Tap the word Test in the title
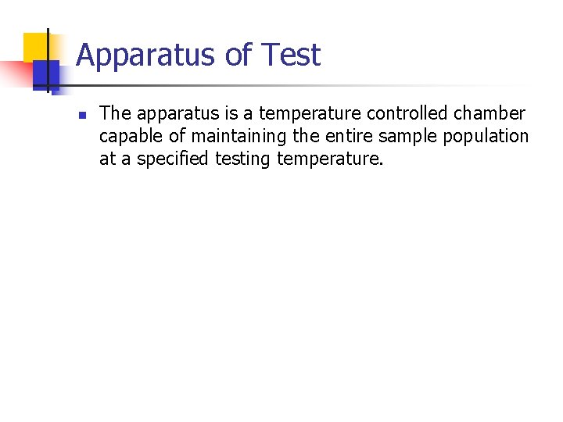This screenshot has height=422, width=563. pos(291,55)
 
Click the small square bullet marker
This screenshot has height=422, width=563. pos(81,115)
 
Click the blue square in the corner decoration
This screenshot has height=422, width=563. pos(45,74)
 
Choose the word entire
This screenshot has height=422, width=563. pos(345,137)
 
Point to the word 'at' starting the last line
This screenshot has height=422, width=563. pos(107,159)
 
